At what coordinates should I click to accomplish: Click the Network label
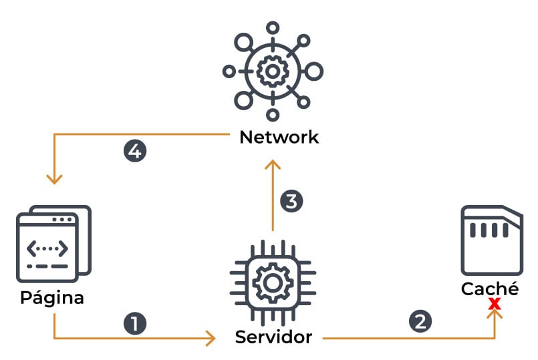click(x=279, y=138)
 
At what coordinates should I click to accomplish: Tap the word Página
click(x=52, y=297)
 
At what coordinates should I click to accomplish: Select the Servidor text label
click(x=273, y=337)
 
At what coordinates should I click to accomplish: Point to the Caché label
click(x=490, y=289)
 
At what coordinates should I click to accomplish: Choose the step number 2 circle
click(x=420, y=321)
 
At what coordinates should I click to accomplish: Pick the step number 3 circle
click(x=291, y=200)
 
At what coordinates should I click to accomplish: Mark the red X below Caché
click(x=495, y=305)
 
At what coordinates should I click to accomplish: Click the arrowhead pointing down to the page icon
click(x=54, y=179)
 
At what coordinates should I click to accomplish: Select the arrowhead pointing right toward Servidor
click(x=211, y=338)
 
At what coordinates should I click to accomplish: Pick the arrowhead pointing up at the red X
click(x=495, y=314)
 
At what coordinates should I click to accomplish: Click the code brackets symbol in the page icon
click(x=47, y=248)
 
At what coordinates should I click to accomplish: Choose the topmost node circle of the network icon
click(x=272, y=27)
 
